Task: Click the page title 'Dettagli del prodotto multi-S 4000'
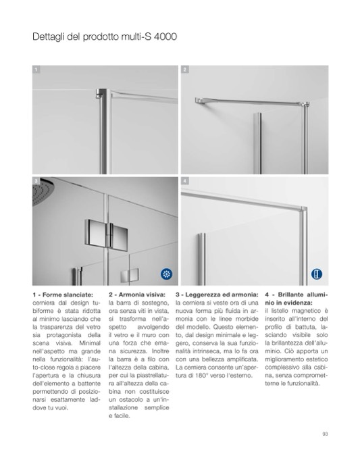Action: coord(105,36)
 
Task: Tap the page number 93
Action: coord(325,434)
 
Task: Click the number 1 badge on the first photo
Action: coord(36,70)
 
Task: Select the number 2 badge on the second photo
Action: coord(185,70)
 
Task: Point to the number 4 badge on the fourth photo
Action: coord(185,181)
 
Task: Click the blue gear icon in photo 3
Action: coord(166,274)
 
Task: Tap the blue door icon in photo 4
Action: coord(317,274)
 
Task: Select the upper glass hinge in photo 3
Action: coord(106,233)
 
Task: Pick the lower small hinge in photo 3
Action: coord(129,276)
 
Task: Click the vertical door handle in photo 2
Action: coord(257,143)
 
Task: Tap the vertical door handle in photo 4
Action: coord(201,259)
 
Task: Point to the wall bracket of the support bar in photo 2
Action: coord(199,101)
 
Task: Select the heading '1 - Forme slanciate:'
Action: coord(63,295)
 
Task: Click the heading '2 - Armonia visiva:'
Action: coord(137,295)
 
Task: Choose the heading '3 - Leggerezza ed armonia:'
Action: coord(217,295)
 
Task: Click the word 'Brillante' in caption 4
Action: coord(290,295)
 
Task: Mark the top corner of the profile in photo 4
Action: coord(305,208)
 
